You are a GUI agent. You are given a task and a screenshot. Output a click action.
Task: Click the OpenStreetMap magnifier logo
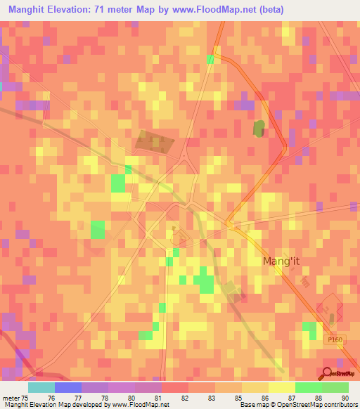coord(328,373)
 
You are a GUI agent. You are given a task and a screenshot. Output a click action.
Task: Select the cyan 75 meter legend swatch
coord(41,387)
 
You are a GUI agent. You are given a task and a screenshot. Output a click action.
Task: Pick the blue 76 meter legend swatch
coord(68,387)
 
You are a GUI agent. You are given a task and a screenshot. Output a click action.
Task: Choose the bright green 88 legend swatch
coord(309,387)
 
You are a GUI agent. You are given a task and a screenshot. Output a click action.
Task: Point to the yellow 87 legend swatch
coord(282,387)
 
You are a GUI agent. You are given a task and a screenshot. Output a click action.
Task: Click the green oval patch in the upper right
coord(259,129)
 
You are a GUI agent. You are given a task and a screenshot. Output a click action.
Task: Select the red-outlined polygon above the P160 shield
coord(328,309)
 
